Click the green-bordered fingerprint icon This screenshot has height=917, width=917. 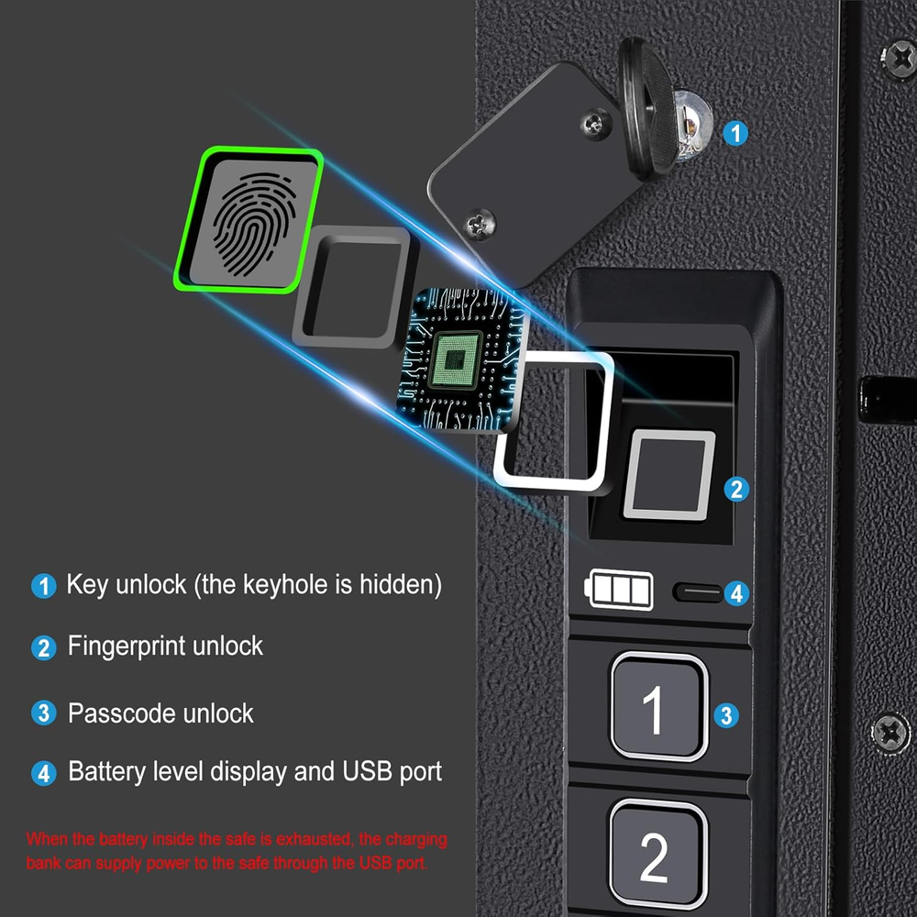coord(249,220)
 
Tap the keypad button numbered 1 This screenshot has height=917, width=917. coord(659,706)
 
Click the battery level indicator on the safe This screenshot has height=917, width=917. coord(619,589)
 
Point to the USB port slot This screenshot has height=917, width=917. coord(698,591)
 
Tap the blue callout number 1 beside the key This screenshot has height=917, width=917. coord(735,133)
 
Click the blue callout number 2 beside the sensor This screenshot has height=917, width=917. coord(736,489)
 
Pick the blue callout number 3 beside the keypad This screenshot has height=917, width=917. coord(726,714)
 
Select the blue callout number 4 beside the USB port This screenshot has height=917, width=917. coord(737,593)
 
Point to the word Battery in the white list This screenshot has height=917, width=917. coord(106,771)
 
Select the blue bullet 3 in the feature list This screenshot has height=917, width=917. coord(44,713)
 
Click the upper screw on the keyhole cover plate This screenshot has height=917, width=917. coord(595,123)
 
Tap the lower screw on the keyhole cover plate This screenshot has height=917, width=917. coord(480,223)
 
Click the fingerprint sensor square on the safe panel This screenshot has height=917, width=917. coord(669,475)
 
